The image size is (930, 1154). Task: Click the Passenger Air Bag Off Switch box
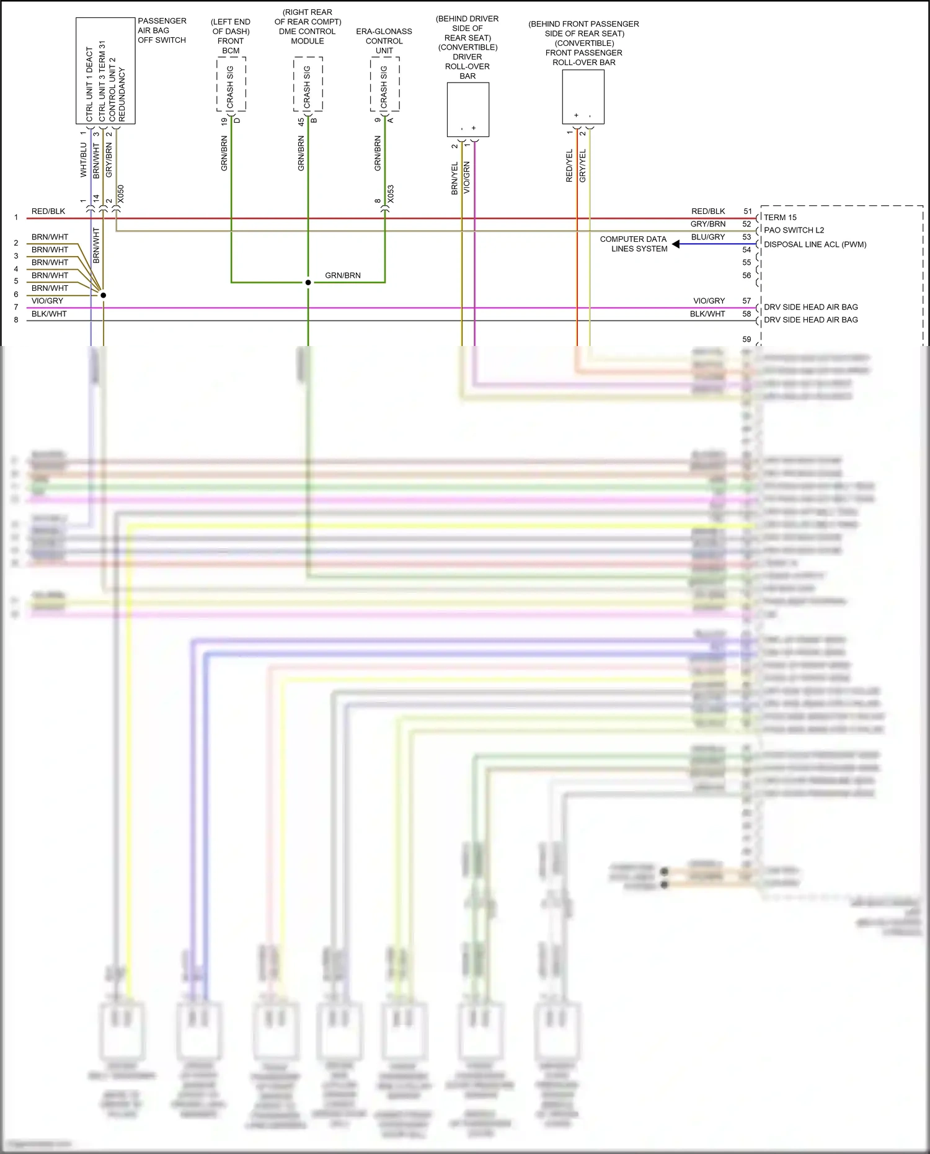pyautogui.click(x=105, y=70)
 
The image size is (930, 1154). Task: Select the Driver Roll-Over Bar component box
pyautogui.click(x=468, y=109)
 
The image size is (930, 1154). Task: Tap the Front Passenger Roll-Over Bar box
pyautogui.click(x=583, y=97)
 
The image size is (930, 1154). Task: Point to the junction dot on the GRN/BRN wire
pyautogui.click(x=308, y=283)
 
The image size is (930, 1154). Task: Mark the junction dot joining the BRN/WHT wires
pyautogui.click(x=104, y=295)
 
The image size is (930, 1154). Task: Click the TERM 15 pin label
pyautogui.click(x=780, y=218)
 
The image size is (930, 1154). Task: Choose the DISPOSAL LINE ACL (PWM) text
pyautogui.click(x=815, y=244)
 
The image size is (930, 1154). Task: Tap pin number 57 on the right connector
pyautogui.click(x=746, y=301)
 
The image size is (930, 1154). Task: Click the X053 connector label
pyautogui.click(x=391, y=194)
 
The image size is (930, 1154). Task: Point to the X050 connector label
pyautogui.click(x=121, y=194)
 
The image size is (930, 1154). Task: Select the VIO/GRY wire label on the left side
pyautogui.click(x=47, y=301)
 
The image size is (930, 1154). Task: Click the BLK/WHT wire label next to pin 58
pyautogui.click(x=707, y=314)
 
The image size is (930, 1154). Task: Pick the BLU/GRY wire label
pyautogui.click(x=708, y=237)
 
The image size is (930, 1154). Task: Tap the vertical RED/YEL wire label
pyautogui.click(x=569, y=166)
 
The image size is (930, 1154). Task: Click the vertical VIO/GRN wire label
pyautogui.click(x=467, y=178)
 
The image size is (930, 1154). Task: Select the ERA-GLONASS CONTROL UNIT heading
pyautogui.click(x=384, y=41)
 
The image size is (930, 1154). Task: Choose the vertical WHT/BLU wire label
pyautogui.click(x=83, y=160)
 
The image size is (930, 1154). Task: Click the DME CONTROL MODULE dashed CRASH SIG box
pyautogui.click(x=308, y=84)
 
